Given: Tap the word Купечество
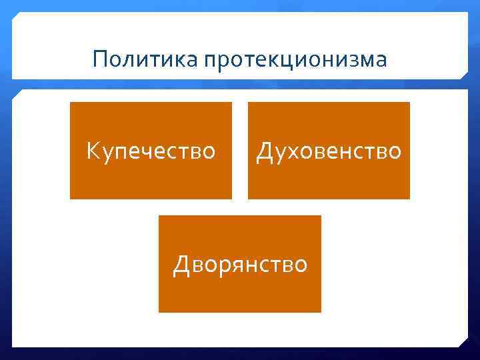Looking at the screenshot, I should tap(151, 151).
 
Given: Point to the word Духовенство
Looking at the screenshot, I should tap(329, 151).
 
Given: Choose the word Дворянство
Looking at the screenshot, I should tap(240, 265).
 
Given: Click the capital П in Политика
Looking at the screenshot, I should tap(101, 59).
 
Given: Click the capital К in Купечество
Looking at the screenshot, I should tap(93, 151).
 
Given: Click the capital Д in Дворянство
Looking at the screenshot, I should tap(182, 265).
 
